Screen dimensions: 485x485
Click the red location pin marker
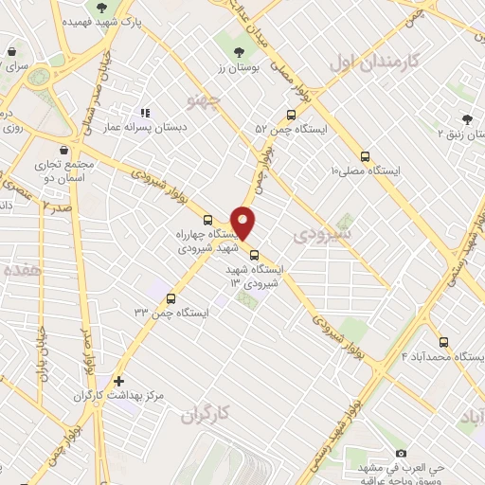click(x=244, y=222)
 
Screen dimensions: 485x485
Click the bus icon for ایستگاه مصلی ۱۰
click(x=366, y=157)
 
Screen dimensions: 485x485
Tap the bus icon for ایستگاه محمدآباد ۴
click(x=443, y=342)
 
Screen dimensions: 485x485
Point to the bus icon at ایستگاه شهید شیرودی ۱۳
click(x=254, y=254)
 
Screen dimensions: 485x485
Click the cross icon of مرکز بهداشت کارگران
click(x=118, y=380)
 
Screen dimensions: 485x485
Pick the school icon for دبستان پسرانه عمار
click(x=145, y=113)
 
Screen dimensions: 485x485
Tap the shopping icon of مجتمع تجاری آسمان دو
click(x=63, y=150)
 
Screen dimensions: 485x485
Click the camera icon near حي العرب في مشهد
click(x=400, y=454)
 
